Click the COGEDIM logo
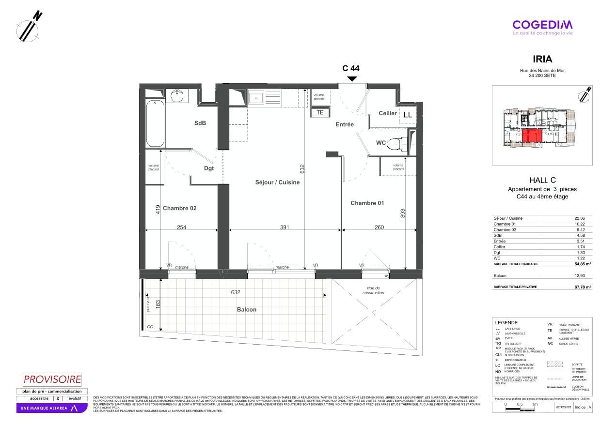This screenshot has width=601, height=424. (x=542, y=25)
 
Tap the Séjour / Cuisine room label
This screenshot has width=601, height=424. (x=277, y=182)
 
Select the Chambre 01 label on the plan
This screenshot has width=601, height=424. (x=367, y=203)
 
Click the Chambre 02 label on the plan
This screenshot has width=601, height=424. (x=179, y=209)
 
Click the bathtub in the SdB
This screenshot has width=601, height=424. (x=156, y=123)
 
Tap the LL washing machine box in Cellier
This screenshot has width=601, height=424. (x=408, y=115)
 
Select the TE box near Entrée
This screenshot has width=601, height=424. (x=320, y=112)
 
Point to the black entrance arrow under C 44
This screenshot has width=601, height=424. (x=352, y=78)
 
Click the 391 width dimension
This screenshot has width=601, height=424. (x=285, y=227)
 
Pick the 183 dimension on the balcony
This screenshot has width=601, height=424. (x=158, y=304)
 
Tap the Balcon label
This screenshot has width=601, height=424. (x=247, y=310)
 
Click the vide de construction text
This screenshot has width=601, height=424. (x=373, y=290)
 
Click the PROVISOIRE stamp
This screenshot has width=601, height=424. (x=52, y=379)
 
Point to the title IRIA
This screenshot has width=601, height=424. (x=542, y=60)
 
